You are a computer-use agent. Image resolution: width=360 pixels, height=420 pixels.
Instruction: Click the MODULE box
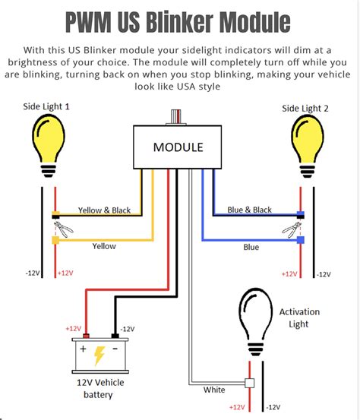tap(177, 147)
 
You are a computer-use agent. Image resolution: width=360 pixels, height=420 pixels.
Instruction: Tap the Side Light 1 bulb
tap(49, 146)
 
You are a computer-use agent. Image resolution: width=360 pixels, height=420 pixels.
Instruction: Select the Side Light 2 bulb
tap(308, 147)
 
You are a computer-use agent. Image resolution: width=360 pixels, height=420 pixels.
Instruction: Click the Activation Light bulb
tap(256, 322)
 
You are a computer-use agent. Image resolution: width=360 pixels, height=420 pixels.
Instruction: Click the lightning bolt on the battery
tap(99, 355)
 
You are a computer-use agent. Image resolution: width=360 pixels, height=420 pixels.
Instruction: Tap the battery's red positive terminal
tap(86, 336)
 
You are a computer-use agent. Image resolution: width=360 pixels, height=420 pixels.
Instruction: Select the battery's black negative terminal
tap(115, 336)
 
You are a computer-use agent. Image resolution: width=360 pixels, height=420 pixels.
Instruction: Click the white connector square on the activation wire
tap(250, 383)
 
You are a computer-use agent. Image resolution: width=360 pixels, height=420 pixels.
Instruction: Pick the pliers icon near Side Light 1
tap(63, 229)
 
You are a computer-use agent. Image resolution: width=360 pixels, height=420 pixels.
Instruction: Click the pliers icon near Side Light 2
tap(292, 229)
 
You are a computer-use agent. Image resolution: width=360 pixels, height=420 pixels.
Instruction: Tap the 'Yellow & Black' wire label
tap(105, 210)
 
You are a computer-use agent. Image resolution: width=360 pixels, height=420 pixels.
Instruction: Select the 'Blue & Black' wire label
tap(249, 210)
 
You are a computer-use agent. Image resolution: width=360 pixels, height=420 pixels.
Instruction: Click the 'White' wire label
tap(214, 390)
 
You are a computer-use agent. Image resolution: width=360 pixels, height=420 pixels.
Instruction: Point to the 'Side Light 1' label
tap(46, 106)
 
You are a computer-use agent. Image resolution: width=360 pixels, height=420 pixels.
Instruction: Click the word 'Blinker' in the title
tap(180, 22)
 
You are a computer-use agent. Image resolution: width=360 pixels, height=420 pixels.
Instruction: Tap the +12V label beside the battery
tap(74, 328)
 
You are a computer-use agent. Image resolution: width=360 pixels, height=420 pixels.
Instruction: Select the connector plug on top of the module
tap(176, 117)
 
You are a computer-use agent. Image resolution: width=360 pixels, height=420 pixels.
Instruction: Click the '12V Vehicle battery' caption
tap(100, 388)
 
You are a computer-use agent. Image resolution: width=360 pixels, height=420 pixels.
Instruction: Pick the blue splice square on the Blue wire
tap(301, 240)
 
